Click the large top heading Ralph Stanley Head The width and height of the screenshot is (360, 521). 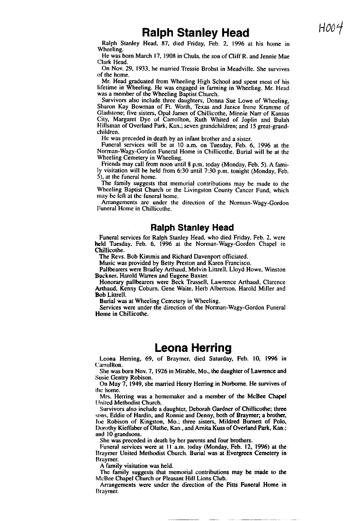coord(195,33)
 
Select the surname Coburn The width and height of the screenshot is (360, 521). coord(142,288)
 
